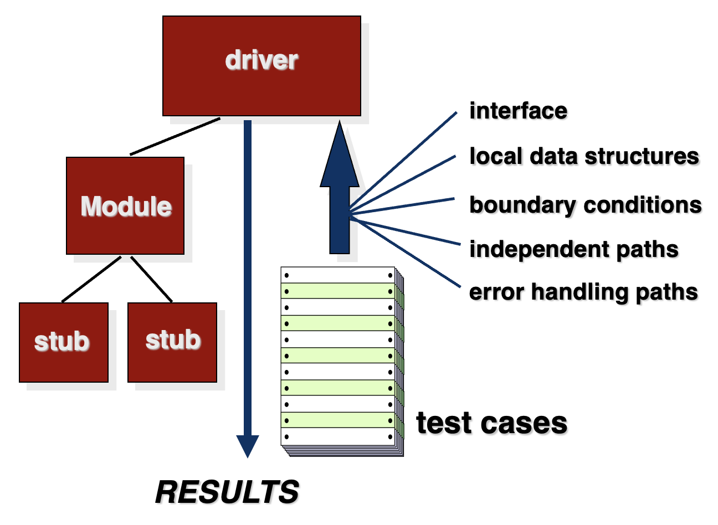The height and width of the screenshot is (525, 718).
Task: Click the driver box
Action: [261, 66]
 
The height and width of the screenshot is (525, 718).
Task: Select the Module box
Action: [125, 205]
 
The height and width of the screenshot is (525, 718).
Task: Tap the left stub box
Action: [64, 342]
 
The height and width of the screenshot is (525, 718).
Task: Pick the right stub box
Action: [172, 342]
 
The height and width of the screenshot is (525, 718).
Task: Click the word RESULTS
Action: [227, 492]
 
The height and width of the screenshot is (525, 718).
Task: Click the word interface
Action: [519, 111]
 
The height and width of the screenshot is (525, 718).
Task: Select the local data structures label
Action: [584, 156]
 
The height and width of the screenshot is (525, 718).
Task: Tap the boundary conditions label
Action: [586, 205]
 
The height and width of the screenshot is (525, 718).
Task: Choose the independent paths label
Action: [574, 250]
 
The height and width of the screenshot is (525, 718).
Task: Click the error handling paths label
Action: [583, 292]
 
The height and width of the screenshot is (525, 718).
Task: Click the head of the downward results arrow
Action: [248, 446]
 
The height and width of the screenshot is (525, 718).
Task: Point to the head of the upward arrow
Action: [340, 154]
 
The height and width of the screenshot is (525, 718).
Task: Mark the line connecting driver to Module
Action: [175, 136]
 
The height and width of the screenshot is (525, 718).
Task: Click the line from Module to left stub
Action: [91, 279]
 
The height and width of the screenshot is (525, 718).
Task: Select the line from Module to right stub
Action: [151, 279]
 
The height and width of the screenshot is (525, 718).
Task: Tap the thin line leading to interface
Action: [403, 160]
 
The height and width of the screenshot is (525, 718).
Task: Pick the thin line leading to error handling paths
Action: [405, 252]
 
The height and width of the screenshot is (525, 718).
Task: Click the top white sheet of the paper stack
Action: [338, 275]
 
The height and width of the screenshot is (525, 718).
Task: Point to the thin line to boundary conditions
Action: [402, 205]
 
